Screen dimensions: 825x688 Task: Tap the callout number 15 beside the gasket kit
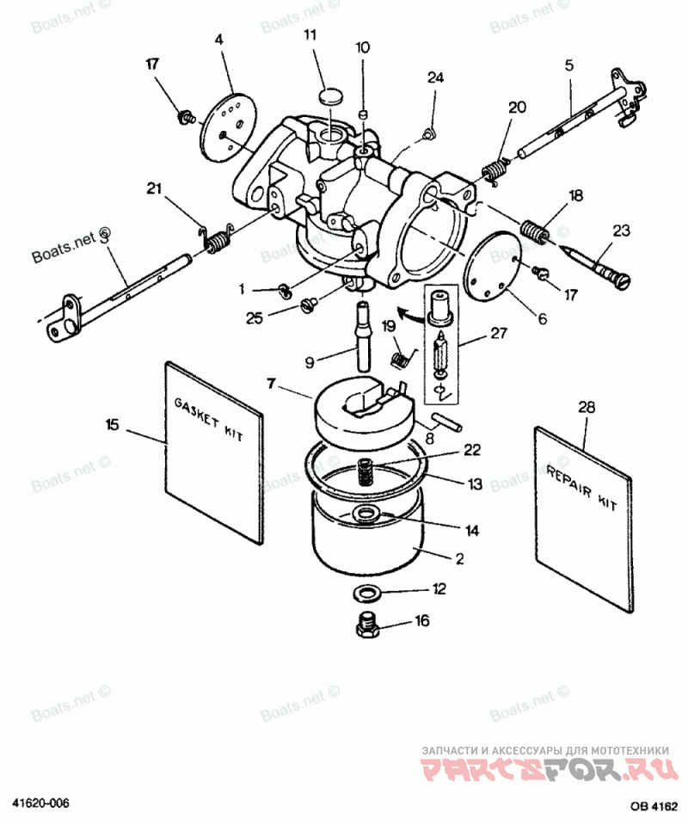(x=113, y=424)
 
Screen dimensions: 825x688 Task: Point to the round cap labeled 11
(x=330, y=95)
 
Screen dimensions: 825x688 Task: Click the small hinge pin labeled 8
(x=447, y=422)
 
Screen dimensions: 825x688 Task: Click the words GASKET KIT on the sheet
(x=209, y=420)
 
